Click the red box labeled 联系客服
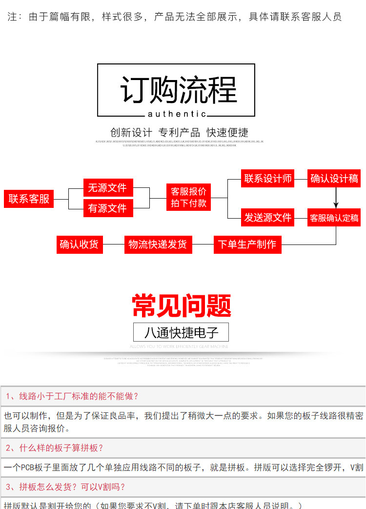[x=29, y=199]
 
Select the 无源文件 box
[x=107, y=188]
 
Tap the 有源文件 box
[x=107, y=208]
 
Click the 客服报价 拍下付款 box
[x=188, y=197]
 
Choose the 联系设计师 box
[x=268, y=179]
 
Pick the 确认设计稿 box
[x=335, y=179]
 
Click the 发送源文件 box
[x=268, y=218]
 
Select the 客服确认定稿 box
[x=335, y=218]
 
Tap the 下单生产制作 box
[x=247, y=244]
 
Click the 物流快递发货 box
[x=157, y=244]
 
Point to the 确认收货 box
[x=79, y=244]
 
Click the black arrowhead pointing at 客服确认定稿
[x=336, y=204]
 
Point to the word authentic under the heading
[x=177, y=114]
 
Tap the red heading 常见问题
[x=182, y=306]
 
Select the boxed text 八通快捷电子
[x=181, y=332]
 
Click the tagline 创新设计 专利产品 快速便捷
[x=179, y=132]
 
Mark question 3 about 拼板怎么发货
[x=65, y=487]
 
